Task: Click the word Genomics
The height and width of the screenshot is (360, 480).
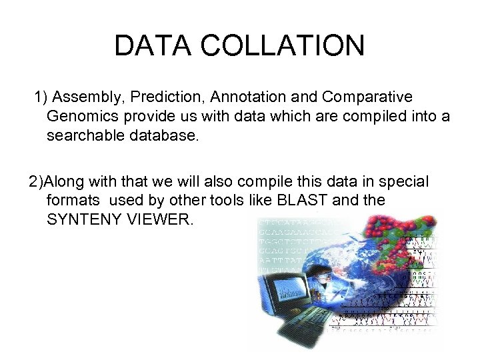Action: (80, 117)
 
